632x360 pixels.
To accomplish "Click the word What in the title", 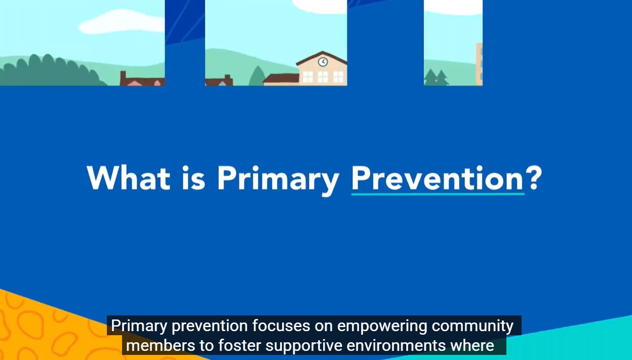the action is pyautogui.click(x=129, y=178).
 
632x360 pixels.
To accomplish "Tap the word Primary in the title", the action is pyautogui.click(x=278, y=180).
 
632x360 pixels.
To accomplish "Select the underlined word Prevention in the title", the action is pyautogui.click(x=438, y=178).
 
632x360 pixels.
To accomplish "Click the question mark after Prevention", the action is pyautogui.click(x=534, y=177).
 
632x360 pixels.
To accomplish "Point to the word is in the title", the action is pyautogui.click(x=193, y=178).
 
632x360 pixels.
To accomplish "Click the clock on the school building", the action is pyautogui.click(x=323, y=62).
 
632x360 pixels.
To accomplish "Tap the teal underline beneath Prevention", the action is pyautogui.click(x=438, y=194).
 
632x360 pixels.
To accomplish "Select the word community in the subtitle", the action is pyautogui.click(x=472, y=327).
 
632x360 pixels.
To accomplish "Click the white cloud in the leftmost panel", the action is pyautogui.click(x=122, y=22).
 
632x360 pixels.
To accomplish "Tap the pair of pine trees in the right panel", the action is pyautogui.click(x=437, y=77).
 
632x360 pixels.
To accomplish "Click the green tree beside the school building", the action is pyautogui.click(x=257, y=75).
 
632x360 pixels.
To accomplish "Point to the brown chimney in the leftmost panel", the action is pyautogui.click(x=123, y=77).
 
